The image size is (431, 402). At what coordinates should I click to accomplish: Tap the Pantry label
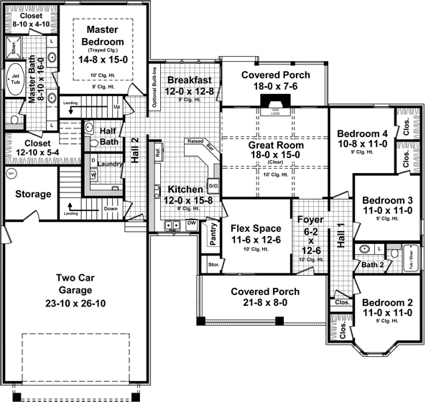coord(213,234)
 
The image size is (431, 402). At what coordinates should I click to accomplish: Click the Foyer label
coord(310,220)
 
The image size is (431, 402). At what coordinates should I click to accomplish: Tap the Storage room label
coord(33,194)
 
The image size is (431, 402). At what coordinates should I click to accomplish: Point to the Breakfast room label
coord(187,80)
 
